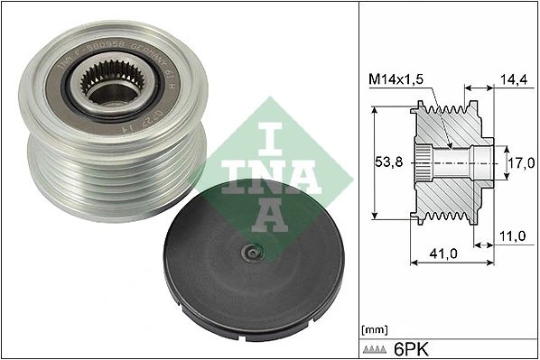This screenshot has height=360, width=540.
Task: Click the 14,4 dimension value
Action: [x=513, y=80]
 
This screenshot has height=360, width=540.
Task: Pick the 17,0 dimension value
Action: [x=519, y=164]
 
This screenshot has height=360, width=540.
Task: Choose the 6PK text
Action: [x=414, y=346]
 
